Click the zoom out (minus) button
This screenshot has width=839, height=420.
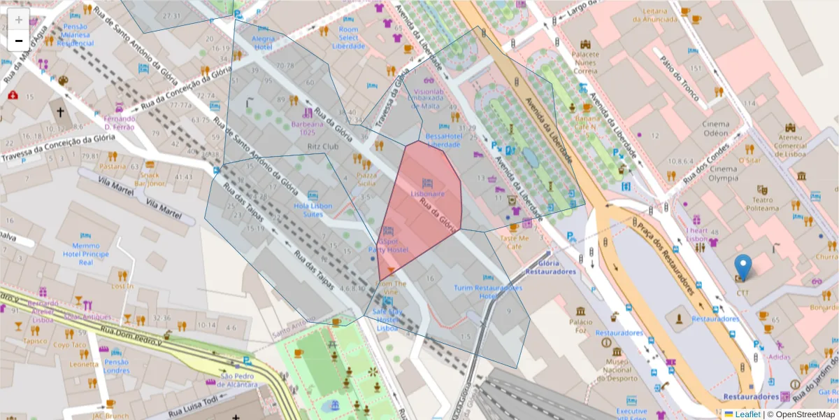[x=19, y=41]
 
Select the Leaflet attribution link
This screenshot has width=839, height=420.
[x=747, y=414]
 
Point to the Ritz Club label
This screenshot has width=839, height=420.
[x=322, y=146]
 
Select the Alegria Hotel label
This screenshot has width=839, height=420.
[x=263, y=43]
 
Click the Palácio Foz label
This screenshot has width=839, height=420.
[x=580, y=326]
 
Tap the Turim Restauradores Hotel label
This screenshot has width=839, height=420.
[x=487, y=292]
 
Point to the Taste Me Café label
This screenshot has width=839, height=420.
[x=515, y=241]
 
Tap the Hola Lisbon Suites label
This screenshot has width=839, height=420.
[x=313, y=210]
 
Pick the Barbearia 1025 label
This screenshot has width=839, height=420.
[x=308, y=128]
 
